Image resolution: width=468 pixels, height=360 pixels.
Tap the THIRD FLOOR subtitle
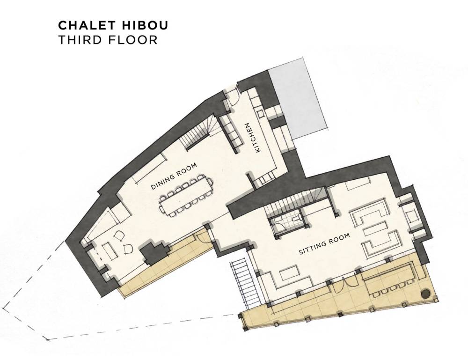(108, 40)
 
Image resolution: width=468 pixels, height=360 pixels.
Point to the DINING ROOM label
(174, 176)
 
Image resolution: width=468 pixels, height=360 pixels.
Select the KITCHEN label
(252, 138)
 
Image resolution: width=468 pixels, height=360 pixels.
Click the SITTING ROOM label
(324, 244)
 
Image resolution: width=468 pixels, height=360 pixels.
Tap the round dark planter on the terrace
(425, 293)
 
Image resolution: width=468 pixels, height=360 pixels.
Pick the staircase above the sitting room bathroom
(295, 202)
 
